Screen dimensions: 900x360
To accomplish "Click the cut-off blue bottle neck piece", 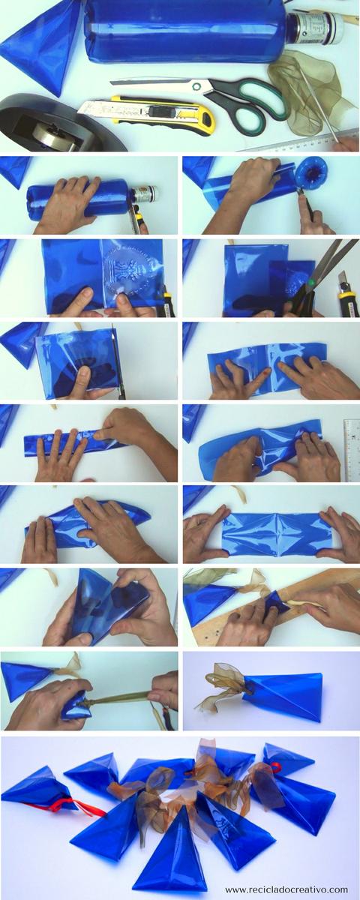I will (x=308, y=175).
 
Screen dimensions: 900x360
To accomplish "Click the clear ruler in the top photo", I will (x=300, y=142).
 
